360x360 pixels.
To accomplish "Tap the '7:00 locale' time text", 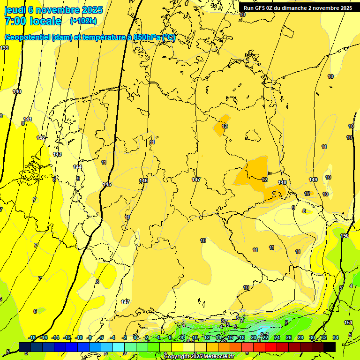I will pyautogui.click(x=33, y=21).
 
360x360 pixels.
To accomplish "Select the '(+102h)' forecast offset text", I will pyautogui.click(x=83, y=21).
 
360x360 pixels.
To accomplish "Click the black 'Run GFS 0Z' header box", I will pyautogui.click(x=298, y=7).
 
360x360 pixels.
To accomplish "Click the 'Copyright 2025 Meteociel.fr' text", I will pyautogui.click(x=199, y=356).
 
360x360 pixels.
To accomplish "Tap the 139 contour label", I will pyautogui.click(x=4, y=48).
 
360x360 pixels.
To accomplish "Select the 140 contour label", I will pyautogui.click(x=17, y=91).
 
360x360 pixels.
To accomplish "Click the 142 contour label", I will pyautogui.click(x=41, y=138).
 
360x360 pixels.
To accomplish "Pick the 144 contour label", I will pyautogui.click(x=77, y=167).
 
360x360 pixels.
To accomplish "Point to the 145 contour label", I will pyautogui.click(x=107, y=184).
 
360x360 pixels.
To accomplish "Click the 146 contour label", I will pyautogui.click(x=144, y=180).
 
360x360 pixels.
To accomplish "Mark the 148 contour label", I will pyautogui.click(x=282, y=182).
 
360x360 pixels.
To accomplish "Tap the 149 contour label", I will pyautogui.click(x=313, y=180).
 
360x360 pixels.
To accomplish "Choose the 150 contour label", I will pyautogui.click(x=345, y=236).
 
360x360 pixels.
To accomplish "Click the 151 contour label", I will pyautogui.click(x=348, y=322).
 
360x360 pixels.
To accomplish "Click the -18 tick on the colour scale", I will pyautogui.click(x=32, y=337).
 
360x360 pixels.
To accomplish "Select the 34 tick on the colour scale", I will pyautogui.click(x=336, y=337).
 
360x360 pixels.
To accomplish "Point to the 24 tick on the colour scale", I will pyautogui.click(x=277, y=337).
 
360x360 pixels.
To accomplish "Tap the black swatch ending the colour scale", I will pyautogui.click(x=330, y=346).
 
